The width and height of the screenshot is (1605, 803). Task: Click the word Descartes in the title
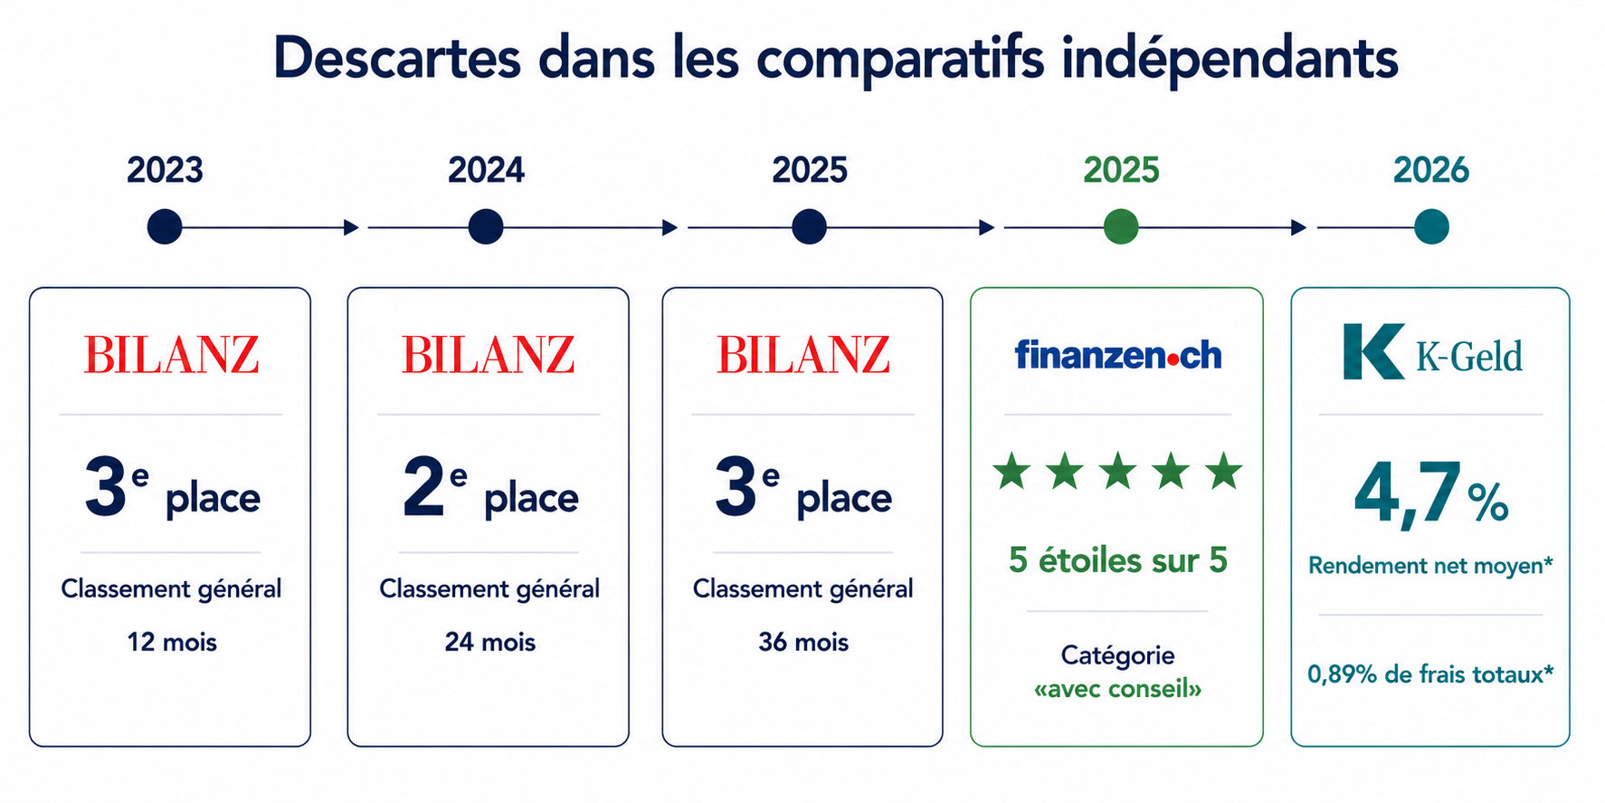[397, 58]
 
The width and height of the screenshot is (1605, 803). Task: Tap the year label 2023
[165, 170]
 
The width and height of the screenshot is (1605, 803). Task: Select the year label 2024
[486, 170]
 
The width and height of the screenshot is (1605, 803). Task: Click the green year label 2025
[1121, 170]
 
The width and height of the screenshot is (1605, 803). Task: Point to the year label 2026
[1431, 170]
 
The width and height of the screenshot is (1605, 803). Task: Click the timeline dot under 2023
[165, 226]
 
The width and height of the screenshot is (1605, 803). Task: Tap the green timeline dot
[1121, 226]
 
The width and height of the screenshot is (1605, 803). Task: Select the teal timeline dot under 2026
[1431, 226]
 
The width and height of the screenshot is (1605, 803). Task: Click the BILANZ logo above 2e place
[489, 354]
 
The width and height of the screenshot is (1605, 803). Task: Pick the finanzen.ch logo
[1118, 355]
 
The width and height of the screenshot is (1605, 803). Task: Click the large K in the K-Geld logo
[1373, 351]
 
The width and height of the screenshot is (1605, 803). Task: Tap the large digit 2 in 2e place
[423, 487]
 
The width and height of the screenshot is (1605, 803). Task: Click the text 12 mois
[172, 642]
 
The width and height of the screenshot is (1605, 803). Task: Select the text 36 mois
[803, 642]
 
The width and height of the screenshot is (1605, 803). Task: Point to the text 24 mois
[489, 642]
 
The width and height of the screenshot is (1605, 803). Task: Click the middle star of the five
[1118, 472]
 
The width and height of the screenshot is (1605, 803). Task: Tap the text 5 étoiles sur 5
[1118, 560]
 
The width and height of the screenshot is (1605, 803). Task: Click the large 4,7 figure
[1408, 494]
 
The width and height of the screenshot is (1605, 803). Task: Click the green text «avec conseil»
[1117, 689]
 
